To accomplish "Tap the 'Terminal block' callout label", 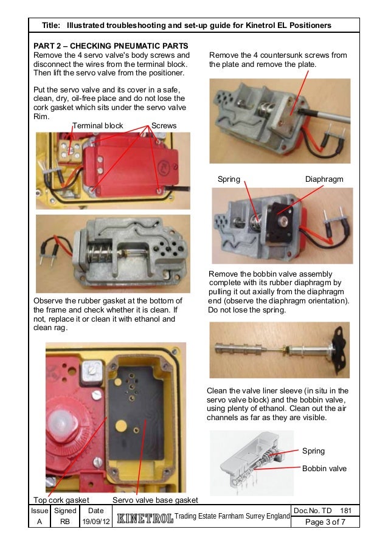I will click(98, 126).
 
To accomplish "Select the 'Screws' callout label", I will click(164, 126).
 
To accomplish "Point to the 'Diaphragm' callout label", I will click(324, 179).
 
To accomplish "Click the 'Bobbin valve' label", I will click(324, 469).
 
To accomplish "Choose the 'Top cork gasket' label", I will click(60, 499).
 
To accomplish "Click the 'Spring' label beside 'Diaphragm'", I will click(229, 179).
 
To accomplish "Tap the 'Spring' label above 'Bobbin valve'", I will click(313, 451).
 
